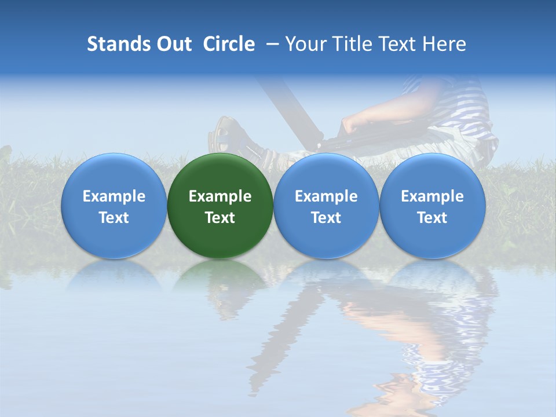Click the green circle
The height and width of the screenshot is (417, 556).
(220, 206)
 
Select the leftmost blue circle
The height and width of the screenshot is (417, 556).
(114, 206)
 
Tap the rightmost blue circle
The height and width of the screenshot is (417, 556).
(433, 206)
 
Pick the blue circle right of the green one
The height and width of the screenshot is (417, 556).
(326, 206)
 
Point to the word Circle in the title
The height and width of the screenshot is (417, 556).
(229, 44)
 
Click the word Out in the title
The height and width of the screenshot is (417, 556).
(172, 44)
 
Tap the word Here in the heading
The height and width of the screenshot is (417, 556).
(444, 44)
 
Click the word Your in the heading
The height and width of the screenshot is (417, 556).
(305, 44)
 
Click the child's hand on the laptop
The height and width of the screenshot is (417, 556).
(352, 124)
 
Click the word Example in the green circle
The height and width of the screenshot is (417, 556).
(220, 196)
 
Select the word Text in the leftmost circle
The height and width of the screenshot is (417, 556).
(114, 218)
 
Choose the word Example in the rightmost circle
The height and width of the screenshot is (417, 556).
(433, 196)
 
